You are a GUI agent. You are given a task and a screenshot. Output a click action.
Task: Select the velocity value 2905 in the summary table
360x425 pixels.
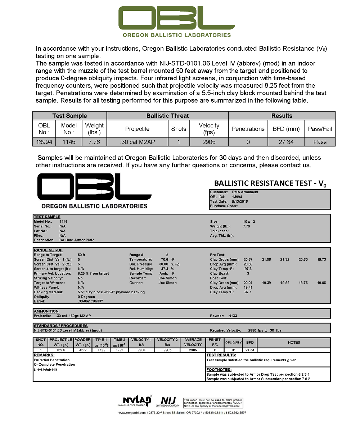point(209,142)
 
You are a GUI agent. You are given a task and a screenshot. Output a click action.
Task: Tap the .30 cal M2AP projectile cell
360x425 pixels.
point(137,142)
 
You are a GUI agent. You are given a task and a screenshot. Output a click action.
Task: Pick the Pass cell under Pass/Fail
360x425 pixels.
point(320,142)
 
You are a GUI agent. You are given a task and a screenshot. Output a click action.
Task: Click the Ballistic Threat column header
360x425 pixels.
point(167,116)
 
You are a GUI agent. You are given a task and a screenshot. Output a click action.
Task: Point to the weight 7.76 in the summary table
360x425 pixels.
point(94,142)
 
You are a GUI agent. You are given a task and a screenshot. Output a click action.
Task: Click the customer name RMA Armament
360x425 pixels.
point(245,192)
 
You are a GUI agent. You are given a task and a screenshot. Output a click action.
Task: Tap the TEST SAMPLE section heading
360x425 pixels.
point(47,217)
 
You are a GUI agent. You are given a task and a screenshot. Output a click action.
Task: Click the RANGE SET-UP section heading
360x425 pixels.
point(48,250)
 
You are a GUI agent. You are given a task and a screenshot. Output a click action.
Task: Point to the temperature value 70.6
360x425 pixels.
point(165,259)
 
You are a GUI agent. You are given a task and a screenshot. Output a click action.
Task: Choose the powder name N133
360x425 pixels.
point(233,316)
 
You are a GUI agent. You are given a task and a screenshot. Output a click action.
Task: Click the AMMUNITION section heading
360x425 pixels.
point(46,311)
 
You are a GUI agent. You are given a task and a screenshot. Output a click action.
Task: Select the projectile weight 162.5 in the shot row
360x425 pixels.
point(61,350)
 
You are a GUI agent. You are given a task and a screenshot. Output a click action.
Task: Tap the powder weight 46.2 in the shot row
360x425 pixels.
point(82,350)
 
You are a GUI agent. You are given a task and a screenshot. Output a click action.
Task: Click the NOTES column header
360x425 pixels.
point(294,342)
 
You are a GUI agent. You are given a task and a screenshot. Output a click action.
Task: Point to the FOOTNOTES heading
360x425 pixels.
point(219,370)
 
